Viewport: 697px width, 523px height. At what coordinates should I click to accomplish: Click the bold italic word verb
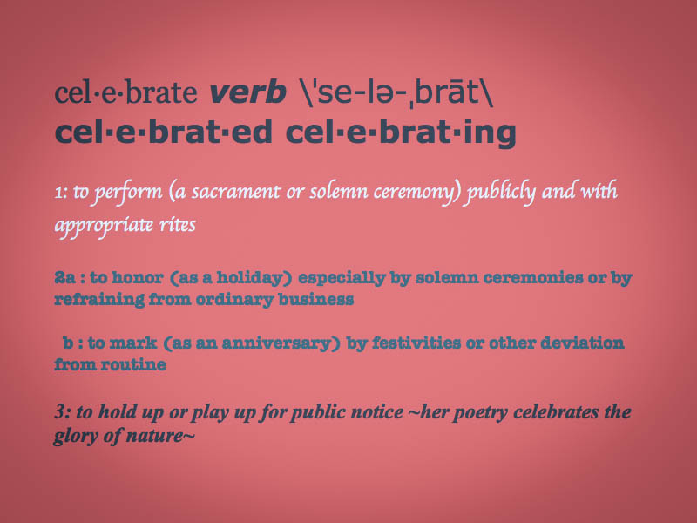(247, 92)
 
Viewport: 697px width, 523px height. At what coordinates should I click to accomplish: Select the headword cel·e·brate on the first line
(125, 92)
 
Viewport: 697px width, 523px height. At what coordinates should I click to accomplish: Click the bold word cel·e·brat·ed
(163, 132)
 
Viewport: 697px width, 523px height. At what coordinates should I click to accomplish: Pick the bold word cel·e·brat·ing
(401, 133)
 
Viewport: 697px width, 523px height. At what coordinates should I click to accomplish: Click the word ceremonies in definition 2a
(533, 278)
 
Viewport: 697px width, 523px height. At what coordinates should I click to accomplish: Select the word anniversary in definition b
(276, 343)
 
